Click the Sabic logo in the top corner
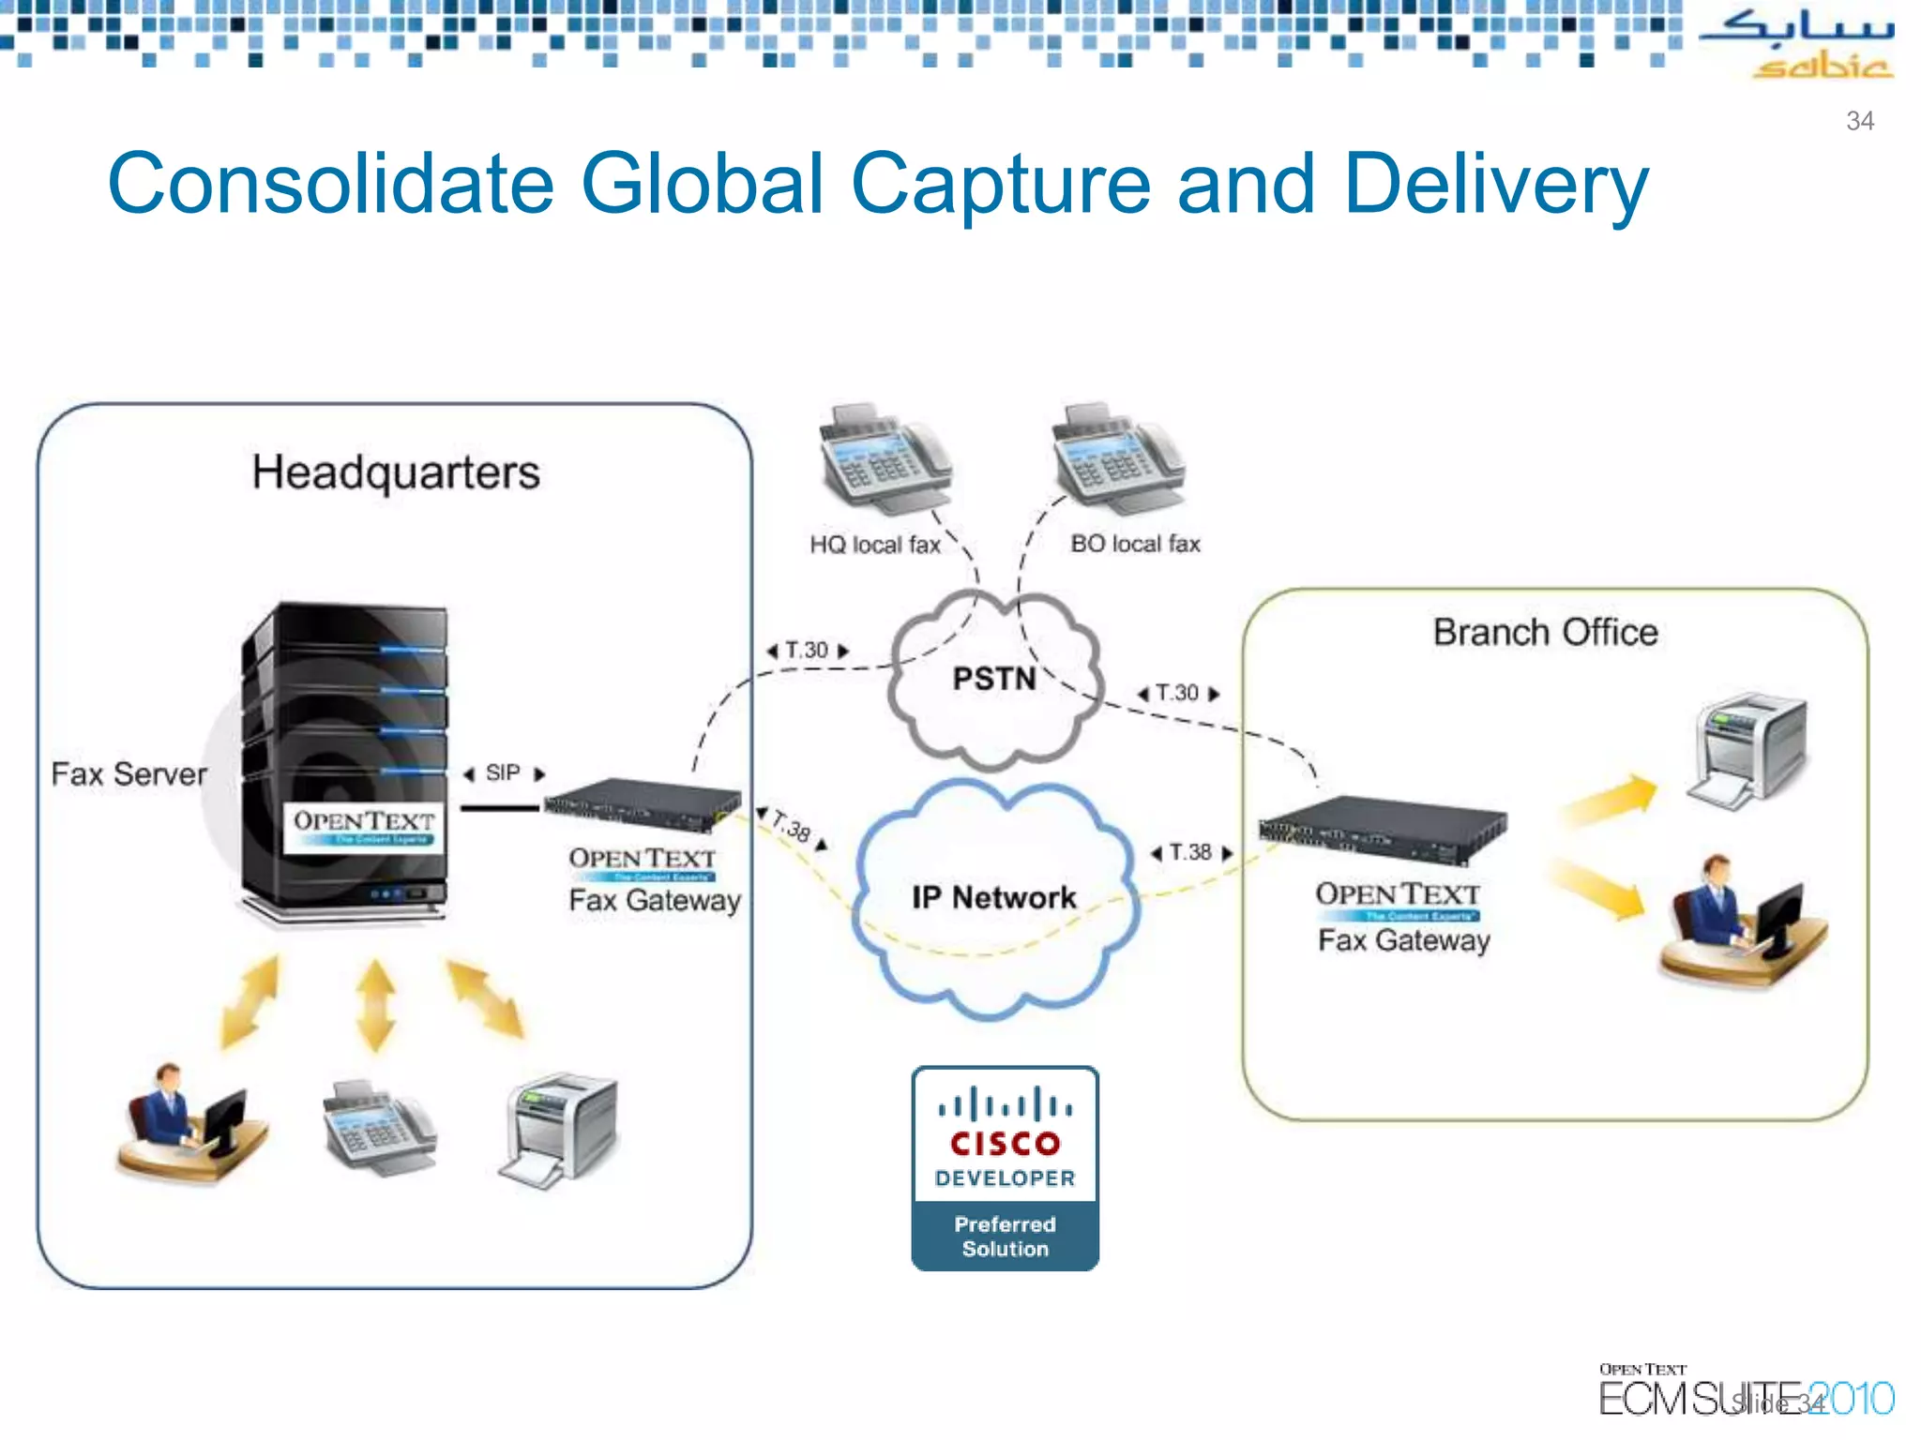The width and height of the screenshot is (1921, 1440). (1795, 43)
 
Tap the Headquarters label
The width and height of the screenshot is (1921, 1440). (395, 472)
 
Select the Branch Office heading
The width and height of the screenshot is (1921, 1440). (1544, 633)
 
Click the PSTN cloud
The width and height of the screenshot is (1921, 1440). (993, 680)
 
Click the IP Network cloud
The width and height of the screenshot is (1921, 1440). (993, 897)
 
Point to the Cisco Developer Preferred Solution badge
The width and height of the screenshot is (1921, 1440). (1005, 1168)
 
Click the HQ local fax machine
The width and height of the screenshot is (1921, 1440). (882, 459)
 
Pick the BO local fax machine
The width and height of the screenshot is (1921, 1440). (1116, 459)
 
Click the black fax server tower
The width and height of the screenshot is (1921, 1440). (345, 759)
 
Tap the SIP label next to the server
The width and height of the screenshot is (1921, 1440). (503, 773)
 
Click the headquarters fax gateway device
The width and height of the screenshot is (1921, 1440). (643, 804)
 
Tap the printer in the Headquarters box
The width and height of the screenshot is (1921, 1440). (560, 1130)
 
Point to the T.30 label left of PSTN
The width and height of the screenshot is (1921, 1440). (807, 651)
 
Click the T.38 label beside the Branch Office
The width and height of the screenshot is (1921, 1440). (1190, 852)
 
